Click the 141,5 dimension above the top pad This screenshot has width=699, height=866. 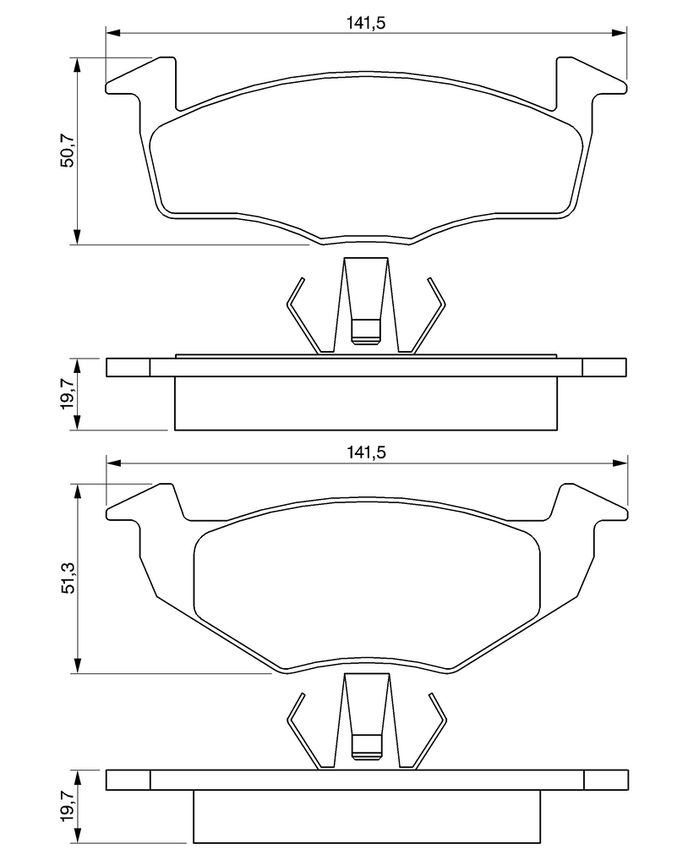(365, 23)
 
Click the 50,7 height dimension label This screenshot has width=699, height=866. (68, 151)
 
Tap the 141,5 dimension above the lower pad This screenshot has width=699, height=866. (366, 452)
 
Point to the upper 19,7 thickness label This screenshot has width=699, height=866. (68, 394)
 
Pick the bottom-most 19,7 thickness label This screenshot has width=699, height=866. (68, 806)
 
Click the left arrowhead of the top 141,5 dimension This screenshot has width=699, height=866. (112, 33)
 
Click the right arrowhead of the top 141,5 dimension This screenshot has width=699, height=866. (620, 33)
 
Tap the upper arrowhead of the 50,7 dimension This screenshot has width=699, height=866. (77, 64)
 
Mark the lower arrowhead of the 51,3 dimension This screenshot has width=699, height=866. (77, 666)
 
